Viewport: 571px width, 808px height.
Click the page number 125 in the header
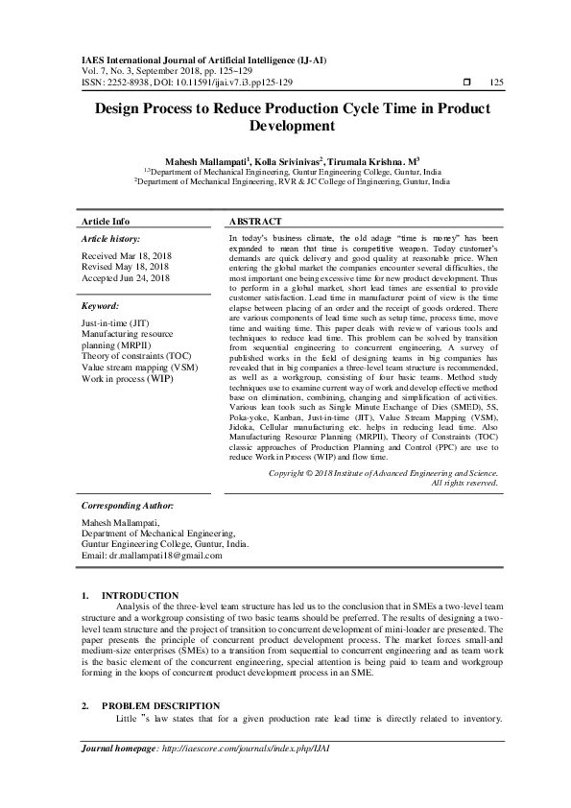496,83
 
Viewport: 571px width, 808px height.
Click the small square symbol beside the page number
466,83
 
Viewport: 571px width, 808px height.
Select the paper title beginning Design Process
285,117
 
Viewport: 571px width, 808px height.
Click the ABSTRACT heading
255,221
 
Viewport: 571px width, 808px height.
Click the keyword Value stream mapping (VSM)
140,367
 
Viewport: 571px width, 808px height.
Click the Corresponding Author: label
128,504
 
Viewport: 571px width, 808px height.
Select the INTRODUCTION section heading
140,596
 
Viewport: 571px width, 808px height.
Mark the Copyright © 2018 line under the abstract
384,473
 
